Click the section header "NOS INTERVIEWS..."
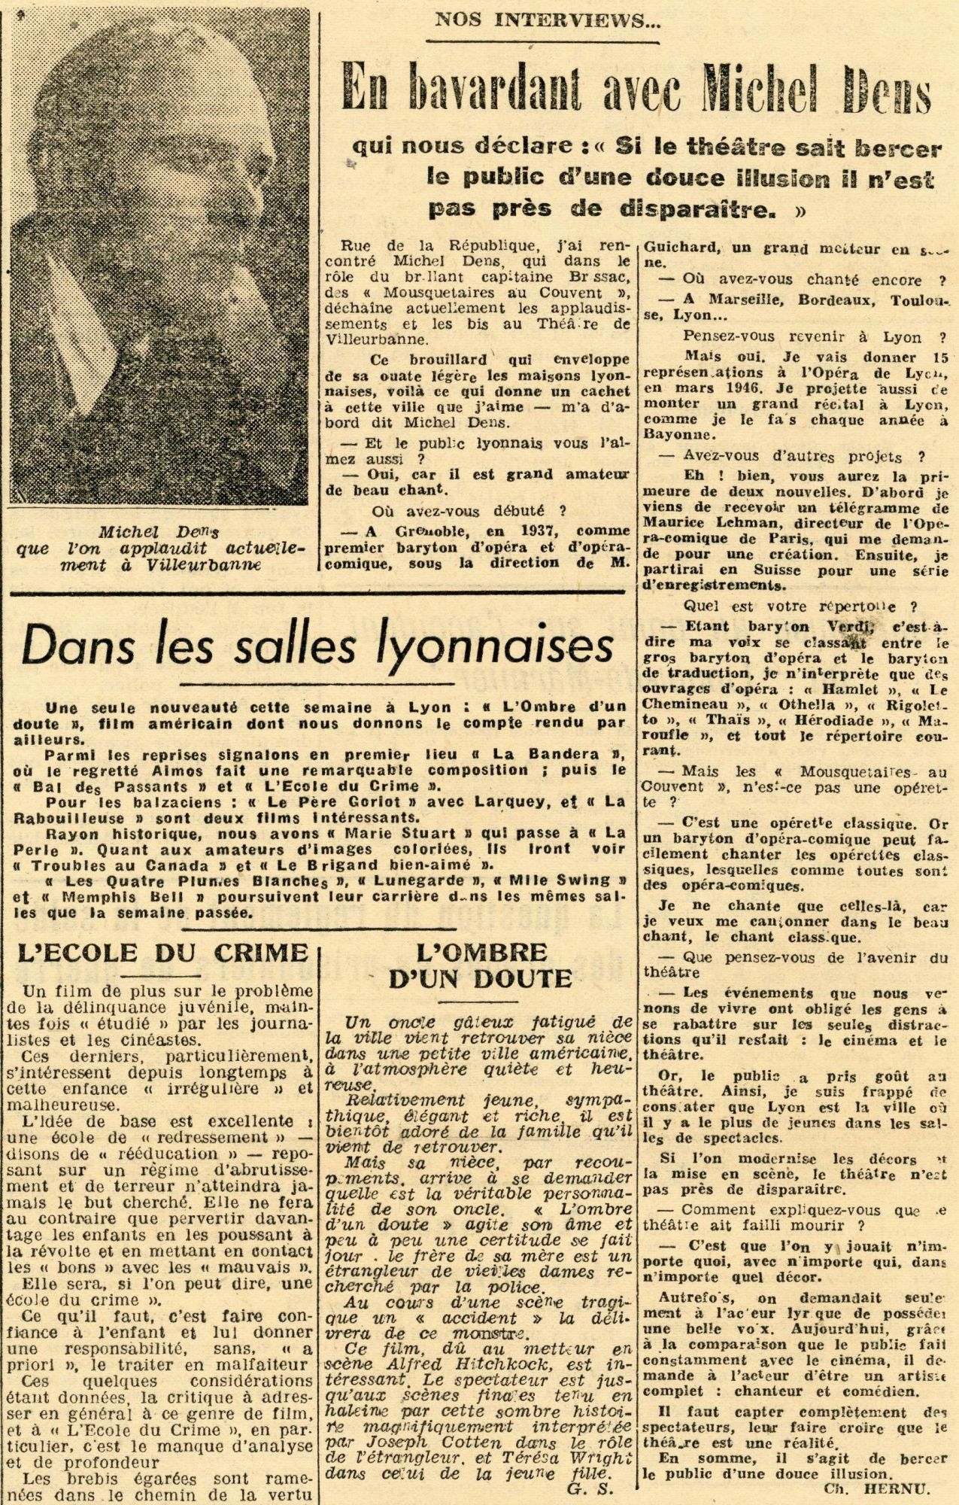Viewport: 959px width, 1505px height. (x=548, y=20)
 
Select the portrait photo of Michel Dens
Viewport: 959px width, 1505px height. (x=159, y=256)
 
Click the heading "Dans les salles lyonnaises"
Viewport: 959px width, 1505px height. (x=318, y=644)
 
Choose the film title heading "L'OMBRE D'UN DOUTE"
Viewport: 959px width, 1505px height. (x=481, y=965)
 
